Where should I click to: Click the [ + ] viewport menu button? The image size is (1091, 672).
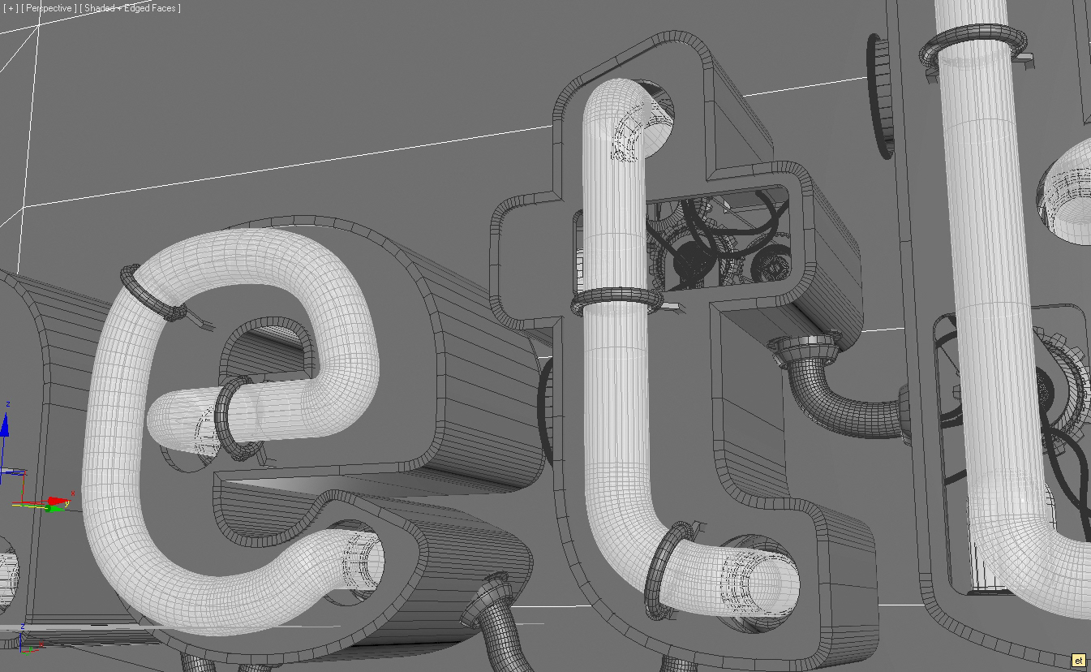point(11,8)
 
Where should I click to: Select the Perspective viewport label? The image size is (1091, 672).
point(49,8)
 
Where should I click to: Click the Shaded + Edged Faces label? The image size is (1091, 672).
point(130,8)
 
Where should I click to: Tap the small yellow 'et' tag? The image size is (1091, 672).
point(1078,661)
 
